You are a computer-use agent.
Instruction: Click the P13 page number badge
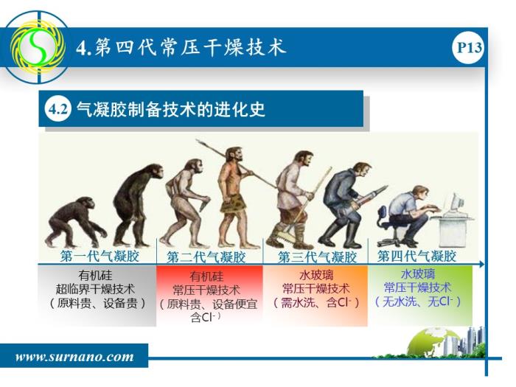[469, 48]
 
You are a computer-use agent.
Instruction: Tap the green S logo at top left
[37, 47]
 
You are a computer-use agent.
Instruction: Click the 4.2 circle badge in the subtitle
[58, 109]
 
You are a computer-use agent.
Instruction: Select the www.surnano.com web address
[74, 357]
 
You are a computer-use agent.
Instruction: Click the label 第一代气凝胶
[100, 256]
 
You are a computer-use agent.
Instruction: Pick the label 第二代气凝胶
[206, 257]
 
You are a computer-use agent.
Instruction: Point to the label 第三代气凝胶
[317, 257]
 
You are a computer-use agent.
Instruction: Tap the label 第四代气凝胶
[416, 256]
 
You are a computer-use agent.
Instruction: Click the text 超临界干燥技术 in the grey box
[95, 289]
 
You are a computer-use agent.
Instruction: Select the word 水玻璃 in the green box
[418, 273]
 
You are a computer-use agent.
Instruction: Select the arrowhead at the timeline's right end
[482, 264]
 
